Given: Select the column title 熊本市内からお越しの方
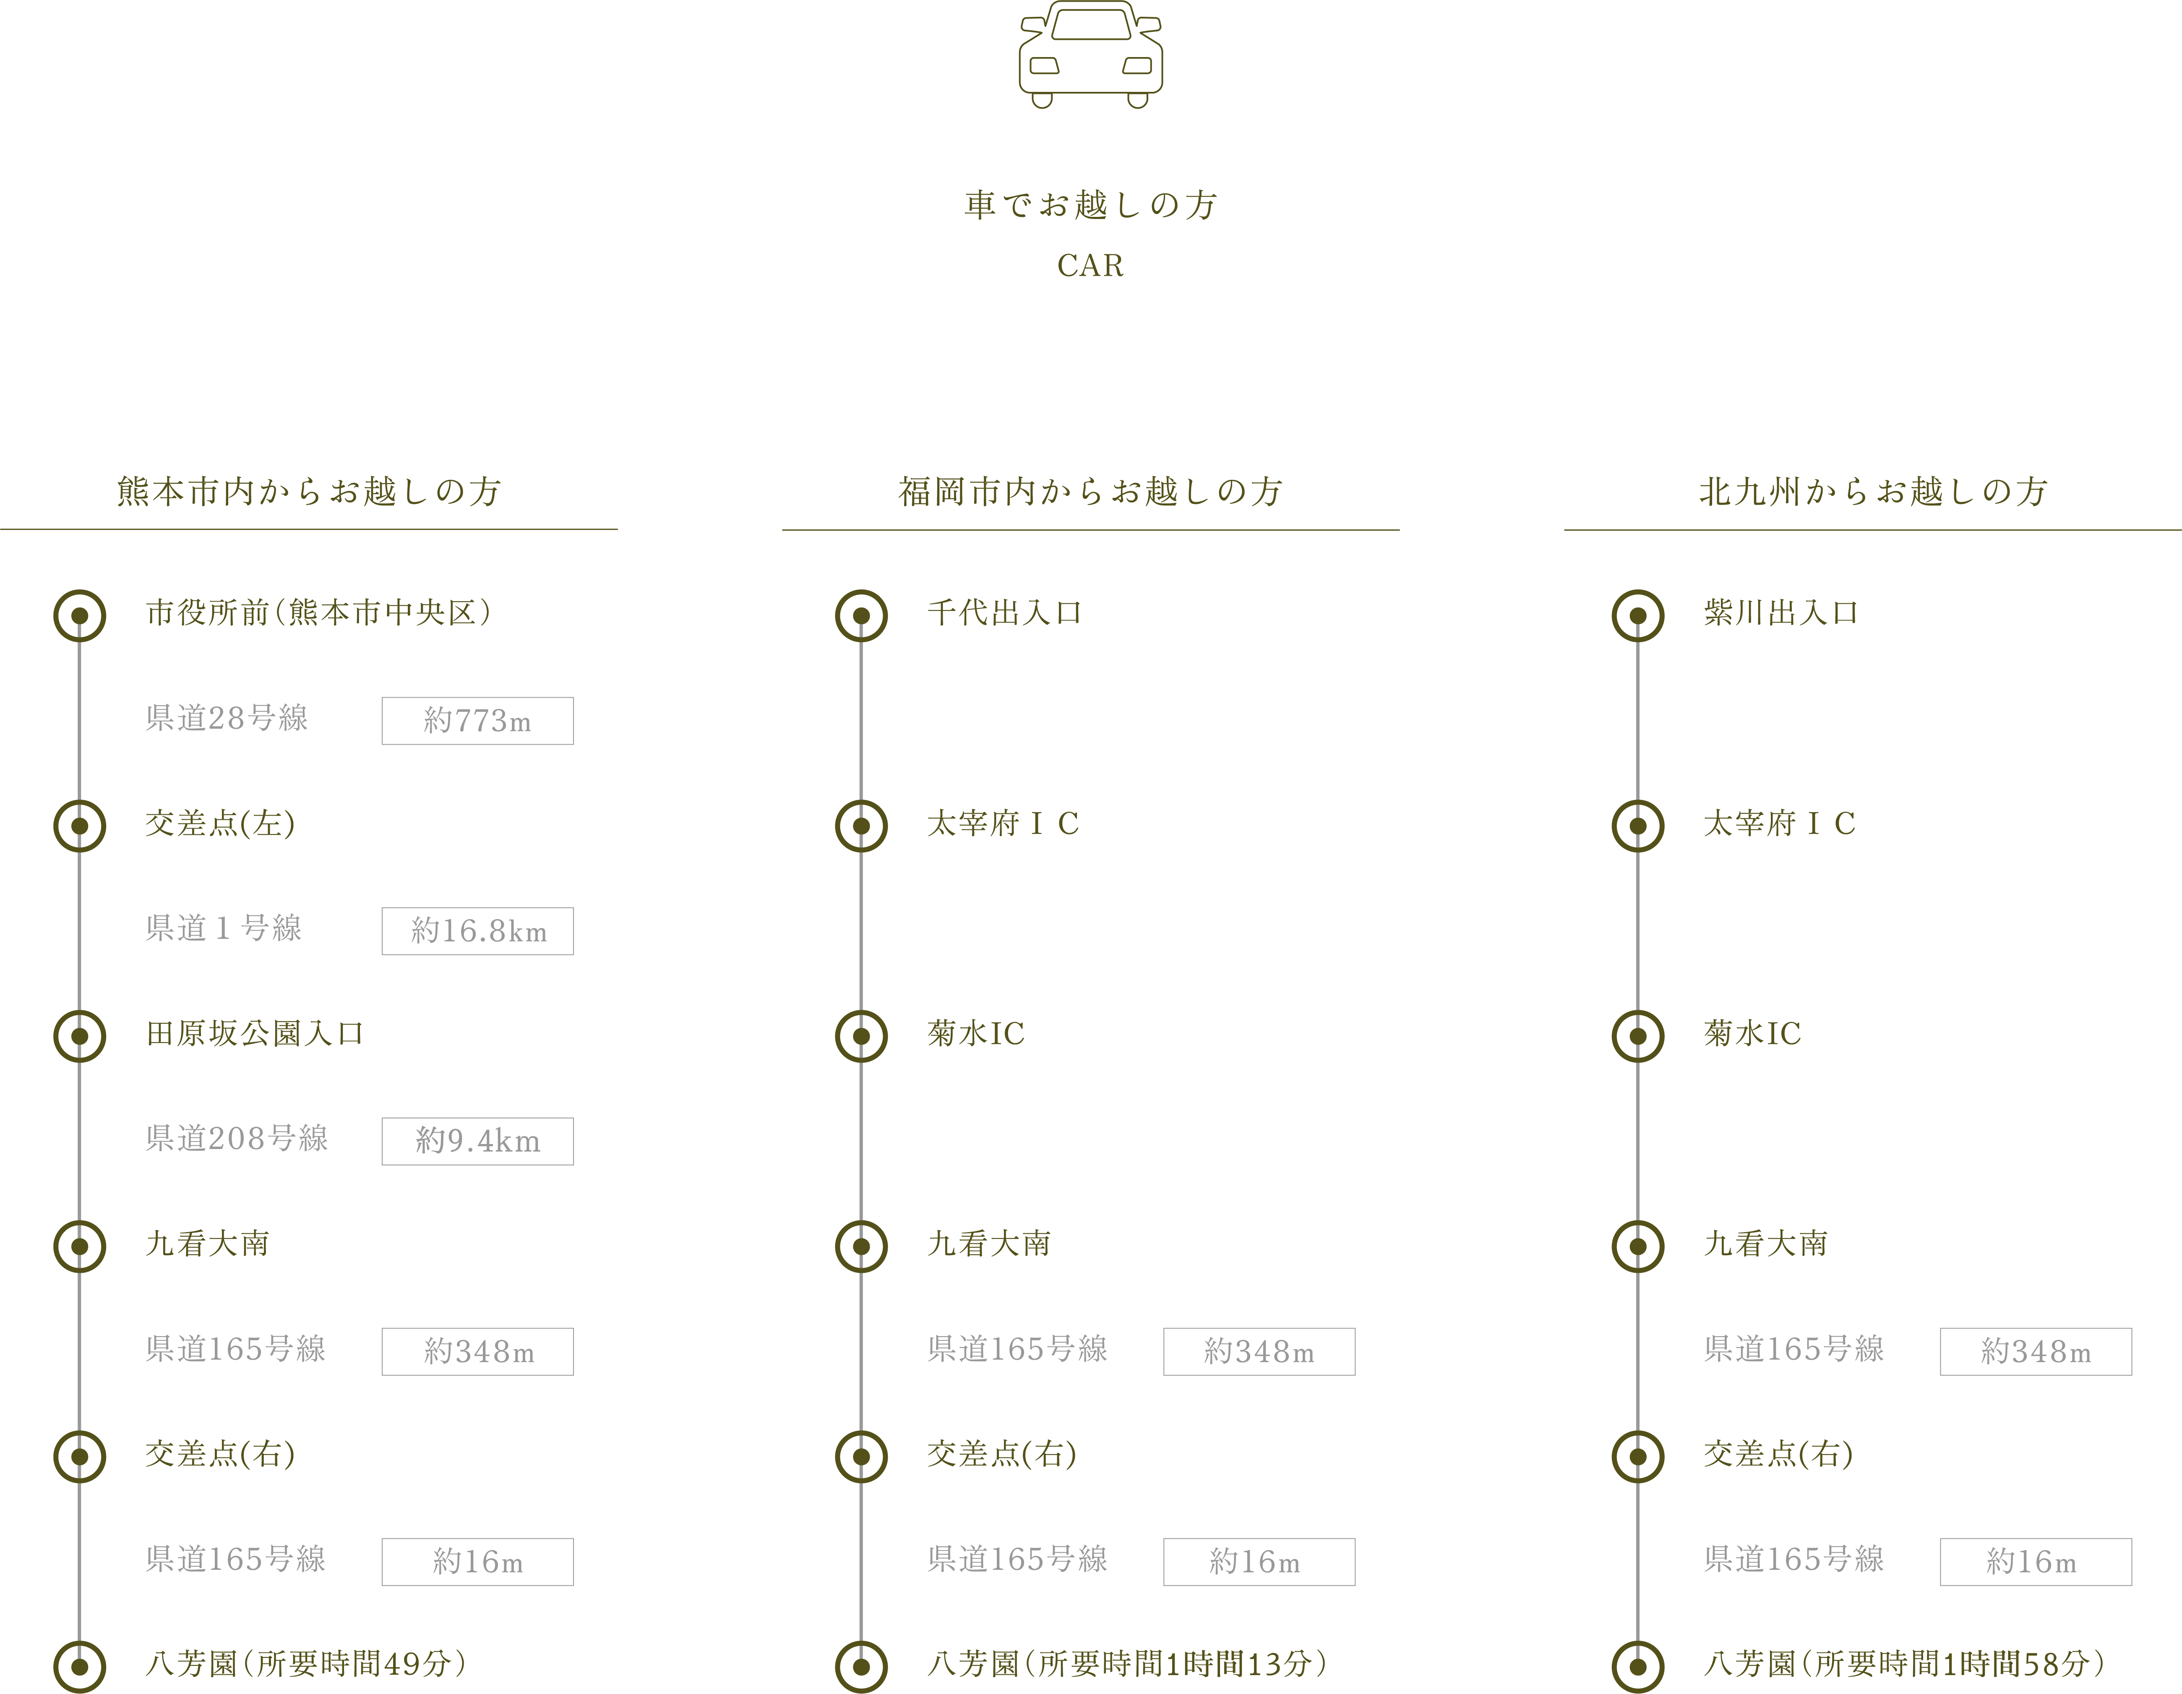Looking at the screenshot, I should pyautogui.click(x=309, y=491).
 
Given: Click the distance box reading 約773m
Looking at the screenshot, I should pyautogui.click(x=477, y=720).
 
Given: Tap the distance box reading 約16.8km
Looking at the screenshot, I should pyautogui.click(x=477, y=931).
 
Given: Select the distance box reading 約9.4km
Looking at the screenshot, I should pyautogui.click(x=477, y=1141).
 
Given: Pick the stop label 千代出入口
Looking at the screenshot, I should pyautogui.click(x=1004, y=612).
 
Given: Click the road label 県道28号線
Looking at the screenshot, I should pyautogui.click(x=227, y=718).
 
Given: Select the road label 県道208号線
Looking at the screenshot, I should pyautogui.click(x=237, y=1139).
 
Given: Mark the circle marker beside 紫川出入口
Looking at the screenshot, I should pyautogui.click(x=1637, y=615).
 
